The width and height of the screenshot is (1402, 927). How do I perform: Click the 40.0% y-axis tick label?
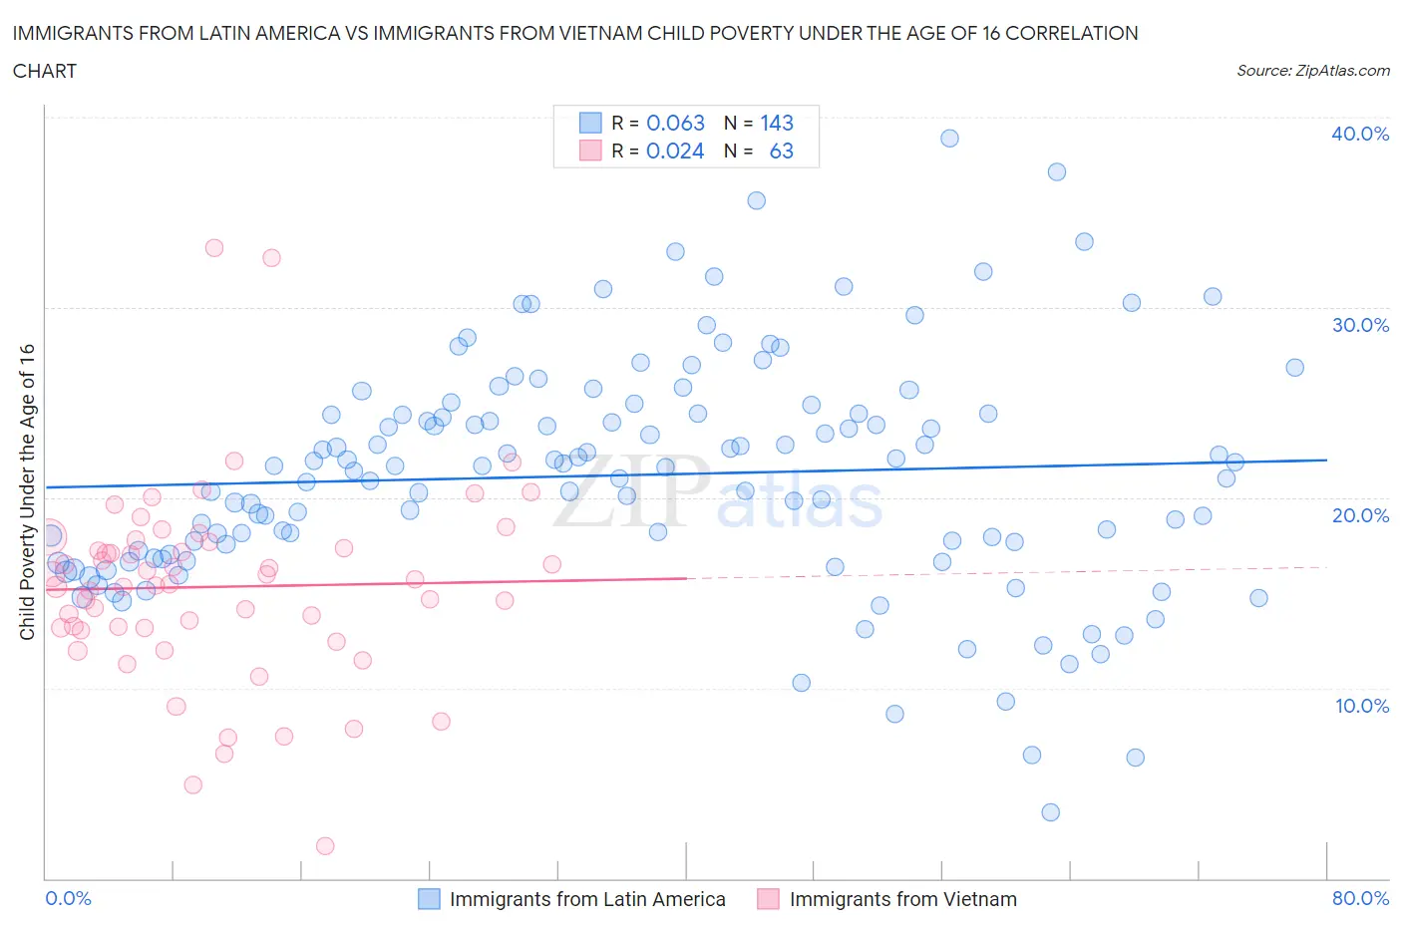1359,134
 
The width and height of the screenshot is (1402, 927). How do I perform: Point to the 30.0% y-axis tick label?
1359,325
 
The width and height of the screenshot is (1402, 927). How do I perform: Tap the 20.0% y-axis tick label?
1359,515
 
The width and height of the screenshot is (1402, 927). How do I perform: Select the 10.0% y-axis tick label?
1361,706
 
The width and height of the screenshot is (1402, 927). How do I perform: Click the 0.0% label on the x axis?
69,898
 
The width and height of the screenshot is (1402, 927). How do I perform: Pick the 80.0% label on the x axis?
1360,898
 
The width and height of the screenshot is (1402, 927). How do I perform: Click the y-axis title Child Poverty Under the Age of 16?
28,491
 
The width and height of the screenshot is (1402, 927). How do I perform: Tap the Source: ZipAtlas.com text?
1312,70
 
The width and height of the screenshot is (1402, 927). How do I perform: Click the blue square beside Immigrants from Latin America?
429,899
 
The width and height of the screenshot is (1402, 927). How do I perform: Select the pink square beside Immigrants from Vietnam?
768,899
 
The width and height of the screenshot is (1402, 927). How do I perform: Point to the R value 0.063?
675,123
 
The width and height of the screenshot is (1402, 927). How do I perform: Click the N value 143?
777,123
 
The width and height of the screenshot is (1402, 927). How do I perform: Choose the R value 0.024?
675,151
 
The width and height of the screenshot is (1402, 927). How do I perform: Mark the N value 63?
782,151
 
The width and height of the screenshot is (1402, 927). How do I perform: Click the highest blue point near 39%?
949,139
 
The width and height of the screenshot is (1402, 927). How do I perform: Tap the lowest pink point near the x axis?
324,846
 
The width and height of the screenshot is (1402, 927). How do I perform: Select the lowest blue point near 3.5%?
1050,812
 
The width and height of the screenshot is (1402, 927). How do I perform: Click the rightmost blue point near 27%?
1294,368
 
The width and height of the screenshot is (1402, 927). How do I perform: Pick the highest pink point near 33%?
214,248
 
